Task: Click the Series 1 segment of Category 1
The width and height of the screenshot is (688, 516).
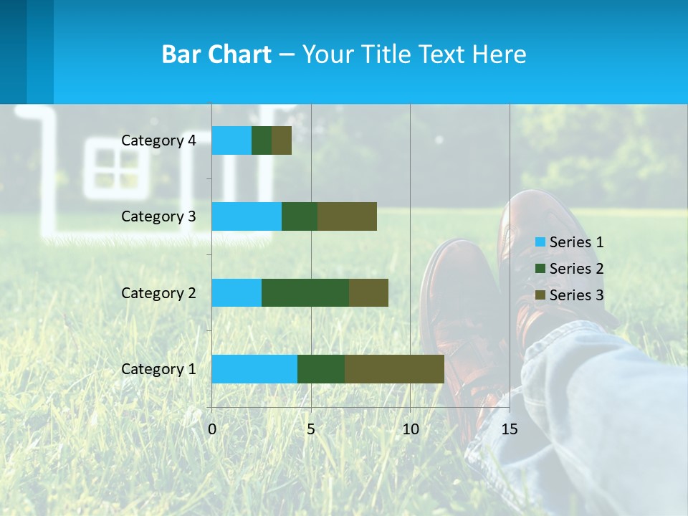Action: [x=254, y=369]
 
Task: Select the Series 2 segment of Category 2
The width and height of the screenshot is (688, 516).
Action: [x=305, y=293]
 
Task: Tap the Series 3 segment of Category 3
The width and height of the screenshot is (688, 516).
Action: [x=347, y=216]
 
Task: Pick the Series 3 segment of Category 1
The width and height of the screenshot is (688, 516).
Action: [x=394, y=369]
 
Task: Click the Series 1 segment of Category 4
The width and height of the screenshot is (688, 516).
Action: [x=231, y=140]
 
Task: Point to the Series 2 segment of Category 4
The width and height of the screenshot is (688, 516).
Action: [x=262, y=140]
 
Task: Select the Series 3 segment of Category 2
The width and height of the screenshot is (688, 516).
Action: [x=368, y=293]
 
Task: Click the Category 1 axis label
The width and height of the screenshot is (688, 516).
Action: [x=158, y=369]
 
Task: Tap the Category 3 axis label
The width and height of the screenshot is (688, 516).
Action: [x=158, y=216]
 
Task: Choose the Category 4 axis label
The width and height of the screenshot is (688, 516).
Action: [x=158, y=140]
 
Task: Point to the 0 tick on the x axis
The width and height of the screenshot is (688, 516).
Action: [x=211, y=429]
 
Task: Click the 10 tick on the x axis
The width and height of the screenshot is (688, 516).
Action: [x=410, y=429]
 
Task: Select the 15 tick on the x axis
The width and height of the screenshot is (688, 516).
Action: [x=509, y=429]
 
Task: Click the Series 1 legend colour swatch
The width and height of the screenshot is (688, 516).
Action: [x=540, y=242]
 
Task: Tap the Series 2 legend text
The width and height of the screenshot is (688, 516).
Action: [x=576, y=269]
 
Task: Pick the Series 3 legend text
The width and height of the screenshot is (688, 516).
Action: [x=576, y=295]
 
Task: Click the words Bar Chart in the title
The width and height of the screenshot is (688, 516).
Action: [x=216, y=54]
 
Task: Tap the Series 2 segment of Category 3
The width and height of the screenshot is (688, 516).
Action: [x=300, y=216]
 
